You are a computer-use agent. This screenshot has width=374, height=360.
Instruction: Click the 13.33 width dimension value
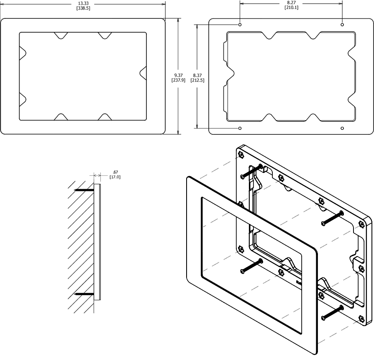point(83,3)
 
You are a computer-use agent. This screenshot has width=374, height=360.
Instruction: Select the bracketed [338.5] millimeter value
point(83,8)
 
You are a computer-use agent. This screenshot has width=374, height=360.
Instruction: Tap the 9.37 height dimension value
point(179,75)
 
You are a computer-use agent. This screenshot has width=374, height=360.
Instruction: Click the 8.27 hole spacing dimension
point(291,3)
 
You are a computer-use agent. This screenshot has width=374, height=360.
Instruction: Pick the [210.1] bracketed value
point(291,8)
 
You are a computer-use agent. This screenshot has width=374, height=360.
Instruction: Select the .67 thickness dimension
point(115,172)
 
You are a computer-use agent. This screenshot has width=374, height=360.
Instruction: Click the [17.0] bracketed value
point(115,177)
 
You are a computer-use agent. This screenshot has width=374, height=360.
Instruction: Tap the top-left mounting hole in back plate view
point(240,25)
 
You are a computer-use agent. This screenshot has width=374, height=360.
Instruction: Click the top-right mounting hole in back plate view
point(342,25)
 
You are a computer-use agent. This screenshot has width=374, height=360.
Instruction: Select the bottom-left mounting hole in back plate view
point(240,128)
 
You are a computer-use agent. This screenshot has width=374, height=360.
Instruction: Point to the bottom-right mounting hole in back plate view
point(342,128)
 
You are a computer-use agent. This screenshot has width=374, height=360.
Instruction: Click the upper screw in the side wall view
point(84,190)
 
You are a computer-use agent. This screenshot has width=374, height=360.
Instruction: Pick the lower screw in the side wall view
point(84,294)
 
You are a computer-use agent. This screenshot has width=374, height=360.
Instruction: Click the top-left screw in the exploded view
point(251,171)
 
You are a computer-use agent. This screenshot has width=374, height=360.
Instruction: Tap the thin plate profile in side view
point(97,242)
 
